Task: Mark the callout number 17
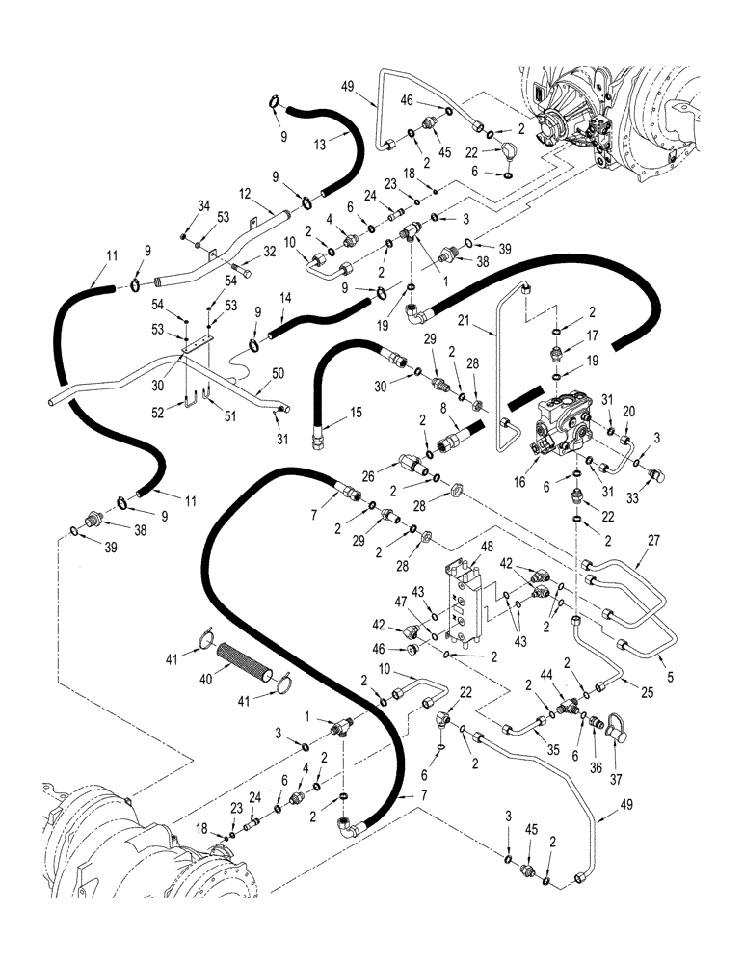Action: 592,337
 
